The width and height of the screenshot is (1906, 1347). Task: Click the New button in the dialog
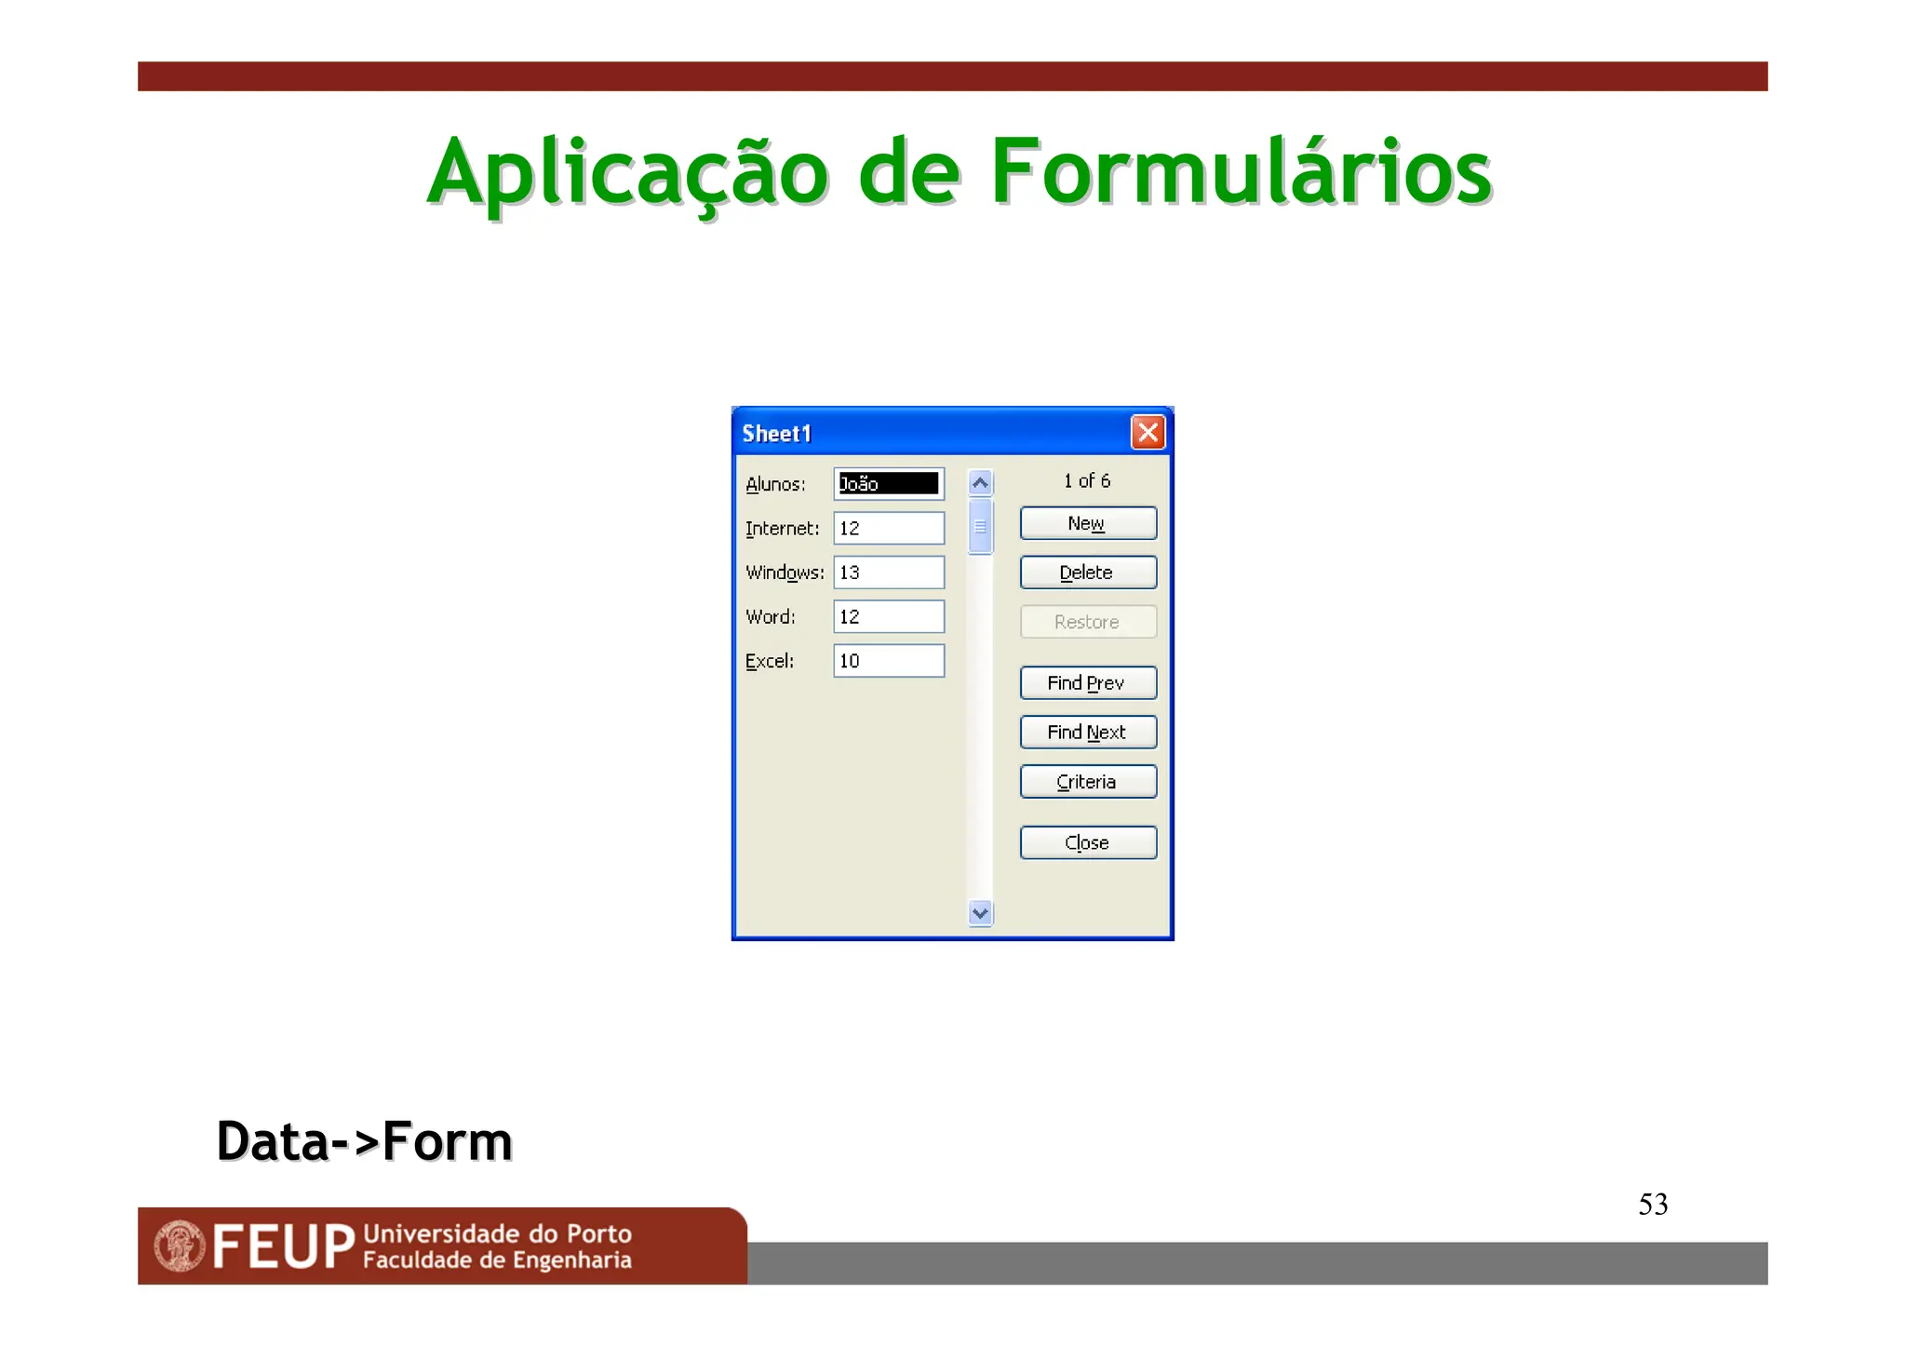1087,523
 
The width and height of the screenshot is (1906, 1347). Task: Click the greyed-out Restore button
1087,622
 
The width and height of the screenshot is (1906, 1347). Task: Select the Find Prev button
1087,682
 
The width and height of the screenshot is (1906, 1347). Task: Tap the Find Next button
1087,732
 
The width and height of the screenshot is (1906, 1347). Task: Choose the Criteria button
1087,782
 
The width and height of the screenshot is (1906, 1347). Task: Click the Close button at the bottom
1087,842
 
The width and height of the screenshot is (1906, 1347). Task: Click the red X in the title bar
1148,432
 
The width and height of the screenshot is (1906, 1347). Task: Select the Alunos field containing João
888,484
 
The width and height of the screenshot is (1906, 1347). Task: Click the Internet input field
888,528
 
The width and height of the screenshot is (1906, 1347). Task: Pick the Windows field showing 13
888,572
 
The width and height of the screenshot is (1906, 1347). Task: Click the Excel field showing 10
888,661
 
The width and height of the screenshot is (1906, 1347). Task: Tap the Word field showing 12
888,616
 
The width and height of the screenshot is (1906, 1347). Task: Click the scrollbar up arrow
980,482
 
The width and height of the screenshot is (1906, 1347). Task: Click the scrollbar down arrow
980,913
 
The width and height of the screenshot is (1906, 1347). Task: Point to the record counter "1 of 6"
1087,480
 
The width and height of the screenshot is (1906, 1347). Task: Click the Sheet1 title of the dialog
777,434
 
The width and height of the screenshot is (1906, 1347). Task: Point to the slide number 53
1653,1205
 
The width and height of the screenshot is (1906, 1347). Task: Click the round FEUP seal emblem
180,1246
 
